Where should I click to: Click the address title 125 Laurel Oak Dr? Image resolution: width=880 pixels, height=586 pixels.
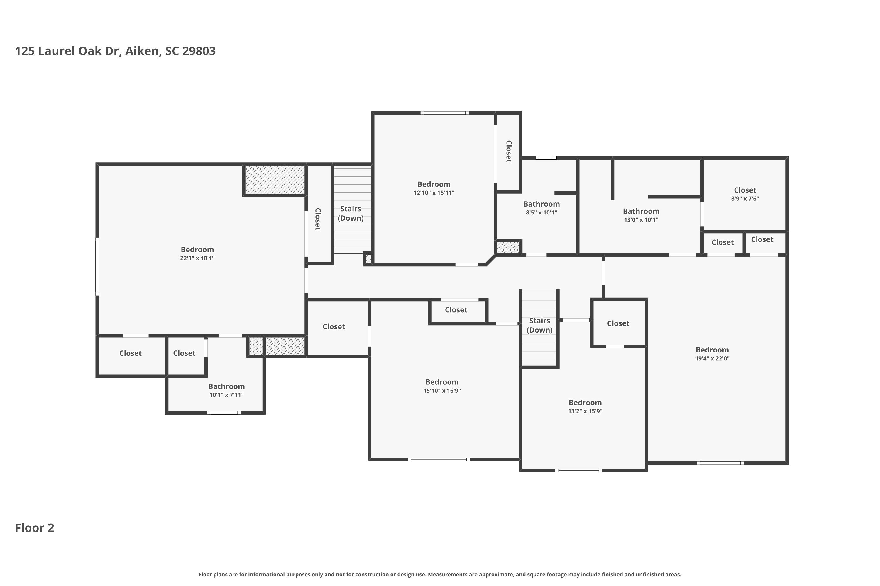coord(68,51)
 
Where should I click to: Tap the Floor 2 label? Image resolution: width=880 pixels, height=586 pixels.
coord(34,528)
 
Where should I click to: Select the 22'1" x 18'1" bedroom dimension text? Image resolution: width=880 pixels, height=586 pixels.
coord(197,258)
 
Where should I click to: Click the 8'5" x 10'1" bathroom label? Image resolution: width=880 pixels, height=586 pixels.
coord(541,208)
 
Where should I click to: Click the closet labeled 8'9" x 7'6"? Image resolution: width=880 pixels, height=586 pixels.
coord(745,194)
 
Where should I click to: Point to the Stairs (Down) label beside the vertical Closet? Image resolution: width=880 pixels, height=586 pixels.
coord(351,213)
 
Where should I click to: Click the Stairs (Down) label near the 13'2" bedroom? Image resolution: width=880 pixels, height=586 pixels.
coord(539,325)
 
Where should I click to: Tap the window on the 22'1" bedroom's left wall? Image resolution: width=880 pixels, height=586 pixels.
coord(97,266)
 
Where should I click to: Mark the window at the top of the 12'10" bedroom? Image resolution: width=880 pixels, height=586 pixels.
coord(444,113)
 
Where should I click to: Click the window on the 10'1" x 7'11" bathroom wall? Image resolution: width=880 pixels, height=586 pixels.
coord(224,413)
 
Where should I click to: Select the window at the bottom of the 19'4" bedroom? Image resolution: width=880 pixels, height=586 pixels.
coord(720,463)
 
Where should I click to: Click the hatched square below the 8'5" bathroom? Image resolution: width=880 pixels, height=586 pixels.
coord(508,247)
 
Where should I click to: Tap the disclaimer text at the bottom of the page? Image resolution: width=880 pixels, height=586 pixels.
coord(440,574)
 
